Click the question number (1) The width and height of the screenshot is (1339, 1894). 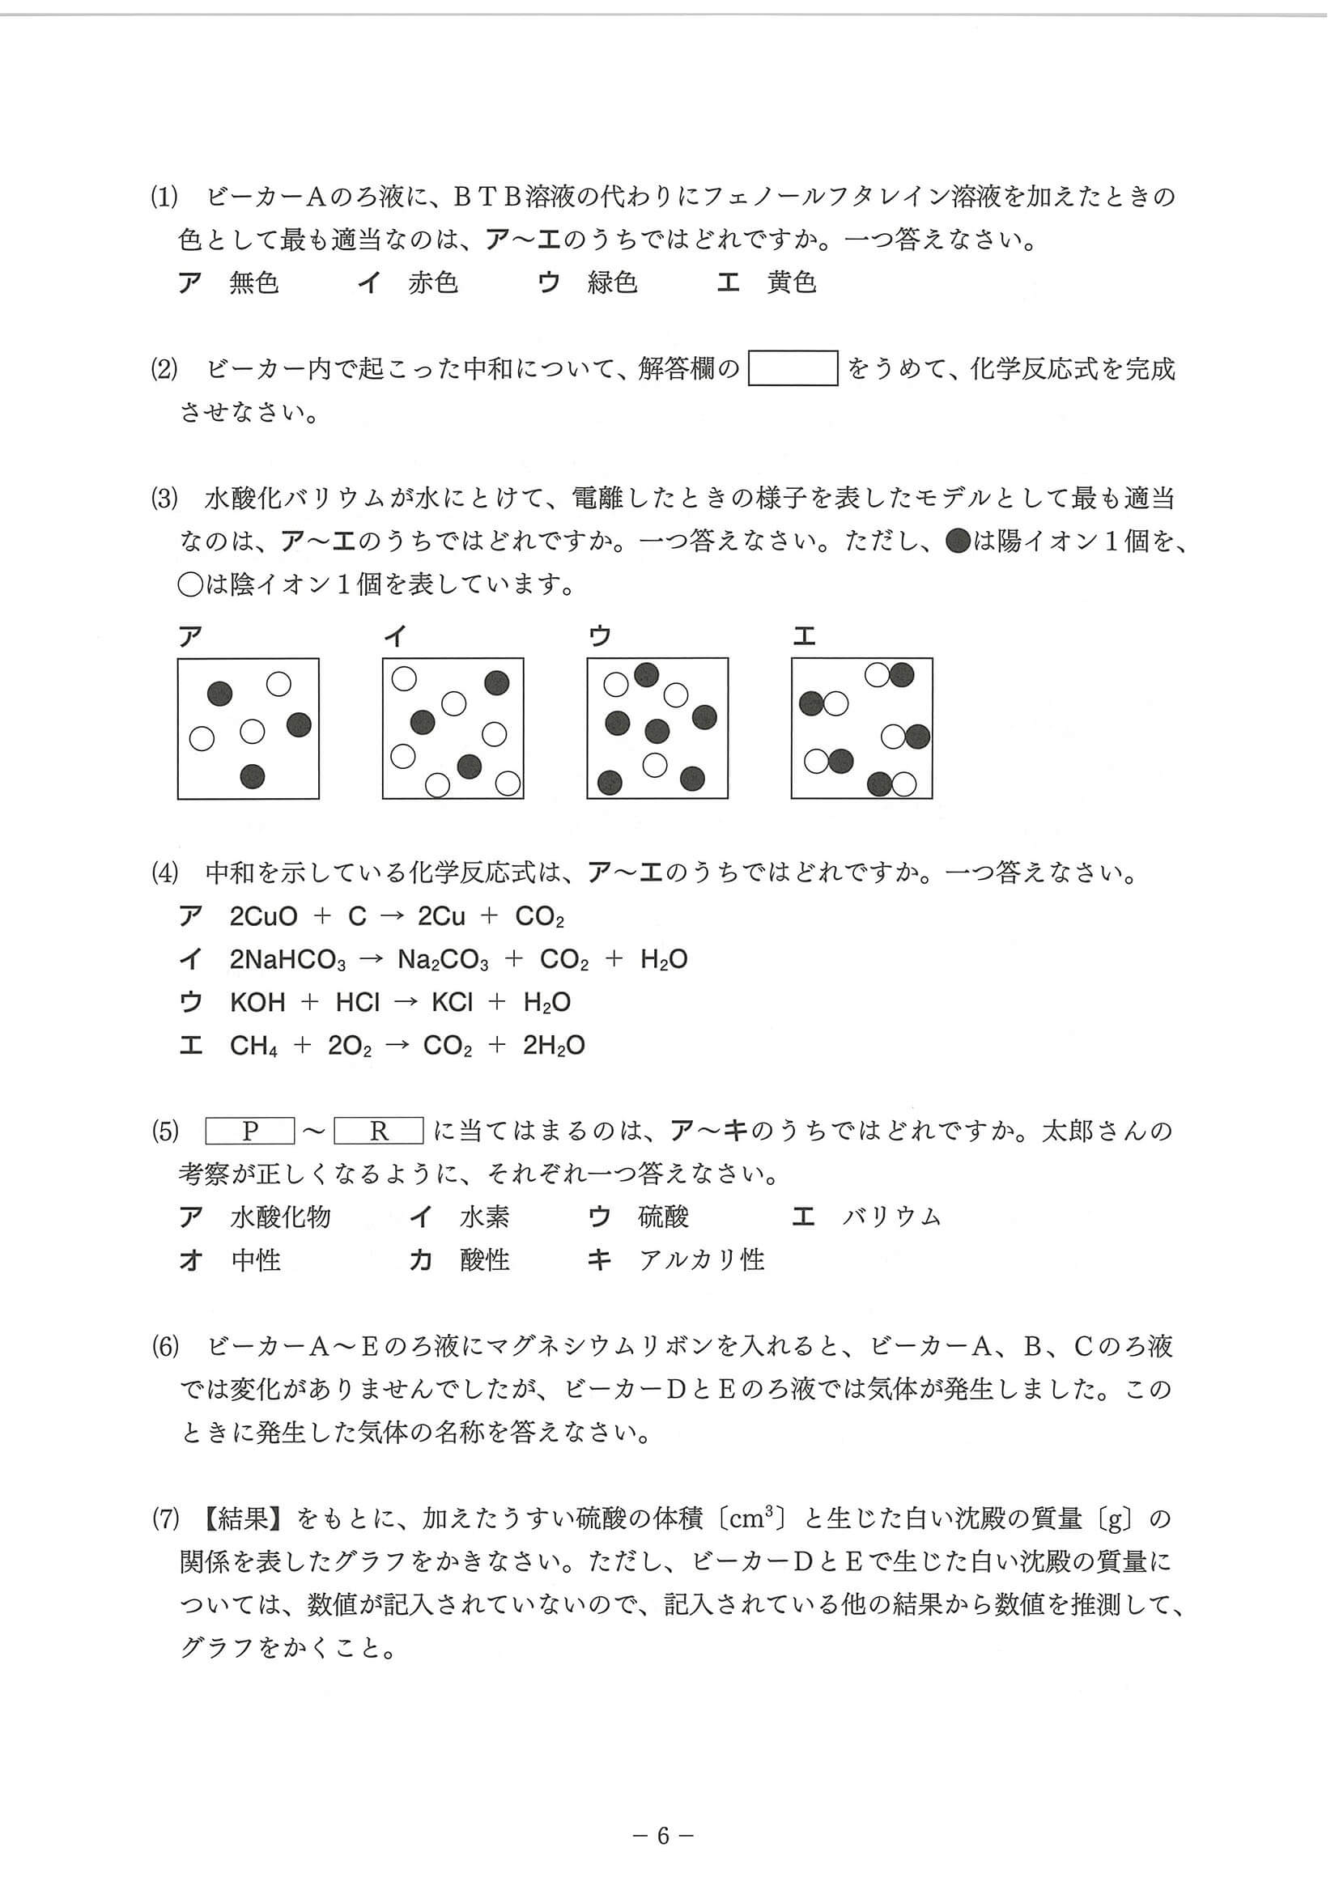tap(164, 197)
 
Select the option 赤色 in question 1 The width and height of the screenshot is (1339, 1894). tap(432, 283)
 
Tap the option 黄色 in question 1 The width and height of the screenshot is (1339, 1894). tap(791, 283)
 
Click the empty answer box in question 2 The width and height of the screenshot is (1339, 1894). tap(792, 369)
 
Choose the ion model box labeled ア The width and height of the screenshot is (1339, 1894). tap(249, 728)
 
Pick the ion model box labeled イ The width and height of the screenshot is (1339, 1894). tap(453, 728)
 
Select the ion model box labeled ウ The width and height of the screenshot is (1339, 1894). tap(657, 728)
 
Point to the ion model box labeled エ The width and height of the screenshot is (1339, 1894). tap(862, 728)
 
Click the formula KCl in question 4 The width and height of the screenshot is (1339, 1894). tap(452, 1002)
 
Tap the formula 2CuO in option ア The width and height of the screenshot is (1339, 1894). tap(263, 916)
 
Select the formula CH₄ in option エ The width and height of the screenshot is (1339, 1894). tap(254, 1046)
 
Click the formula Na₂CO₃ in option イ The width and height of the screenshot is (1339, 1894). tap(443, 959)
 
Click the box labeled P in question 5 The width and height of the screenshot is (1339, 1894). tap(250, 1131)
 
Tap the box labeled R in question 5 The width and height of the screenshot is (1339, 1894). tap(379, 1131)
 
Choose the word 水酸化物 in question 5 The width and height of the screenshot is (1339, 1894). tap(280, 1217)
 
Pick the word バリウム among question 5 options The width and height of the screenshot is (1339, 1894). tap(892, 1217)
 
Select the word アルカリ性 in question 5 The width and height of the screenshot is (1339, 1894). tap(702, 1260)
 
